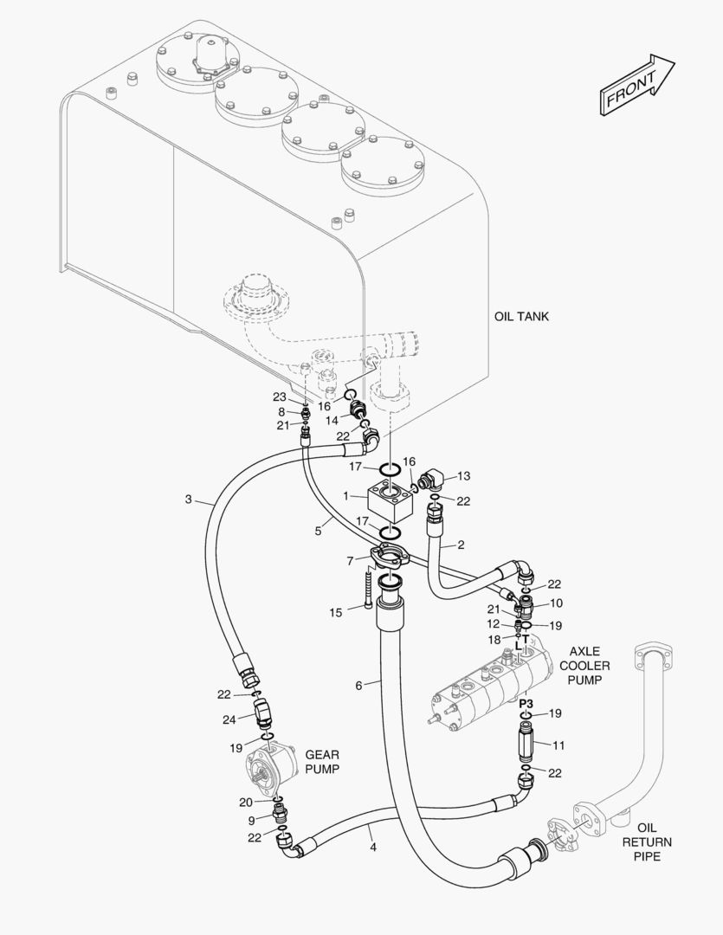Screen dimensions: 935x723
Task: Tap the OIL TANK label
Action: coord(521,317)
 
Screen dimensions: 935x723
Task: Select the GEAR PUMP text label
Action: coord(321,762)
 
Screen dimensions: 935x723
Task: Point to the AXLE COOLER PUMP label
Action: coord(584,665)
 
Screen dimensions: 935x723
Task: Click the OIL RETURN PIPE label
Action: coord(647,841)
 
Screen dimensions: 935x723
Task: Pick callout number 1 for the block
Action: coord(346,496)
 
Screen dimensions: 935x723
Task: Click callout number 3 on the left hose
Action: coord(188,499)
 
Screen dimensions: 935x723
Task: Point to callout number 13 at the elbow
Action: coord(463,475)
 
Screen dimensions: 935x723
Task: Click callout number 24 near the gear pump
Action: coord(229,719)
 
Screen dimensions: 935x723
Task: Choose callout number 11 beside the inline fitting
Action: coord(558,744)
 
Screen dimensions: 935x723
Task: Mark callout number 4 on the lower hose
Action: coord(373,848)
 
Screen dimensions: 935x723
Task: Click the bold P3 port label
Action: coord(526,703)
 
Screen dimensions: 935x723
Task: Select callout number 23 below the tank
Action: coord(279,397)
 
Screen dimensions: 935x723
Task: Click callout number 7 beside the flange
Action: coord(350,561)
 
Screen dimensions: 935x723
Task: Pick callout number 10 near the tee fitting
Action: coord(556,602)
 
